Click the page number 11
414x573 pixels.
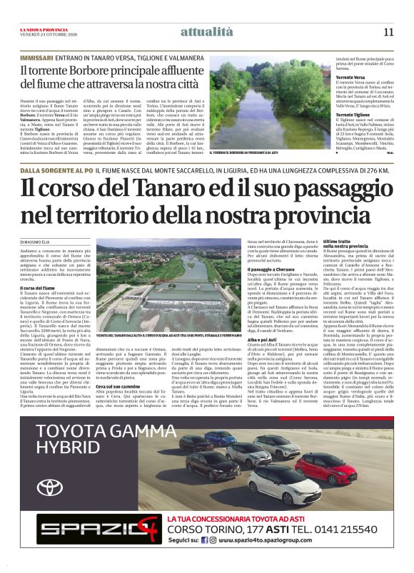click(388, 31)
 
